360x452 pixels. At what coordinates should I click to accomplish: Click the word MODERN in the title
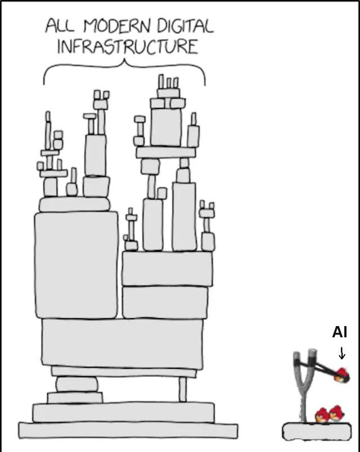[116, 26]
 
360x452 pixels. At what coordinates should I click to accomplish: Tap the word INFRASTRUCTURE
[128, 47]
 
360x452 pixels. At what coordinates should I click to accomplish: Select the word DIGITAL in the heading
[185, 26]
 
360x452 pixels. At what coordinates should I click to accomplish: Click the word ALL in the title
[60, 26]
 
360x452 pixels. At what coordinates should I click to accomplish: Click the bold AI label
[340, 332]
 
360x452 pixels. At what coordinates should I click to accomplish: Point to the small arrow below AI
[342, 353]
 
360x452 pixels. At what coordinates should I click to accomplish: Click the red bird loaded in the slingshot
[341, 375]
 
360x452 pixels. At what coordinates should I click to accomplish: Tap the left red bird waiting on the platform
[322, 415]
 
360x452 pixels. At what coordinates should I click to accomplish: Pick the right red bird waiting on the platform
[336, 414]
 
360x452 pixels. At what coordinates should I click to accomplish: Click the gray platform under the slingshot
[317, 432]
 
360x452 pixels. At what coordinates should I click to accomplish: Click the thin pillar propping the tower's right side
[182, 389]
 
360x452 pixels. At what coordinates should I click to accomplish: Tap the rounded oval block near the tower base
[76, 385]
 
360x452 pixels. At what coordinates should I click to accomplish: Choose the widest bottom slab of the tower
[128, 431]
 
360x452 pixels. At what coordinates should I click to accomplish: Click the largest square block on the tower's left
[76, 265]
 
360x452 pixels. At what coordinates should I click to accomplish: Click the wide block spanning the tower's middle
[122, 343]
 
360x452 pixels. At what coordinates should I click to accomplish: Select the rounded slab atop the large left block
[74, 204]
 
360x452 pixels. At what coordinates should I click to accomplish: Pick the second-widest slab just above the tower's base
[123, 412]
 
